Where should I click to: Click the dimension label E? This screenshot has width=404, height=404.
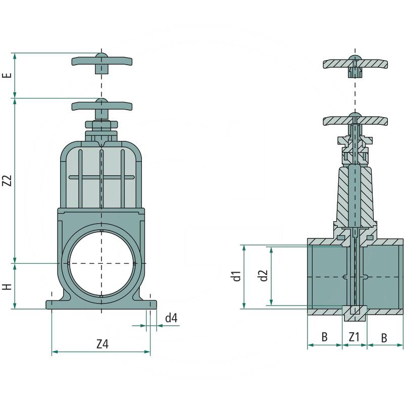pyautogui.click(x=9, y=75)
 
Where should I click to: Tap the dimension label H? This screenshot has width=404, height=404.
pyautogui.click(x=8, y=287)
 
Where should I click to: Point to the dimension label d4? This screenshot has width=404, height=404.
pyautogui.click(x=171, y=318)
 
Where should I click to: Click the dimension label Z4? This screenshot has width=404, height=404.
pyautogui.click(x=103, y=344)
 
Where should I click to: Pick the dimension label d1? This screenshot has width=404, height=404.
pyautogui.click(x=236, y=276)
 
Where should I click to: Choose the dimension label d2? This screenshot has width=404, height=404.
pyautogui.click(x=264, y=275)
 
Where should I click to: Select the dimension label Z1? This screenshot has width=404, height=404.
pyautogui.click(x=355, y=337)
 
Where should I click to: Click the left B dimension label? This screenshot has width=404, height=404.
pyautogui.click(x=325, y=337)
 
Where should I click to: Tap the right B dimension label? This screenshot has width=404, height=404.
pyautogui.click(x=384, y=338)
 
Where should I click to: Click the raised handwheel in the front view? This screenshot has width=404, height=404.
pyautogui.click(x=102, y=64)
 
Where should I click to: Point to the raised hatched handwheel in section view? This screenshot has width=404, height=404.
pyautogui.click(x=356, y=66)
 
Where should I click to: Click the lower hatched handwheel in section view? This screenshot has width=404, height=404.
pyautogui.click(x=356, y=119)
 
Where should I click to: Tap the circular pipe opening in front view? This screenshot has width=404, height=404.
pyautogui.click(x=102, y=263)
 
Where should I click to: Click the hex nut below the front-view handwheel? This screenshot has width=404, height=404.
pyautogui.click(x=102, y=124)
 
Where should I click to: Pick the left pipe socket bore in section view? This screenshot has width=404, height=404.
pyautogui.click(x=327, y=277)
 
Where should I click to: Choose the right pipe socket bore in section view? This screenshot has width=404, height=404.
pyautogui.click(x=383, y=277)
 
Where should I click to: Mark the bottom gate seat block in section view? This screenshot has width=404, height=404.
pyautogui.click(x=355, y=313)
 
